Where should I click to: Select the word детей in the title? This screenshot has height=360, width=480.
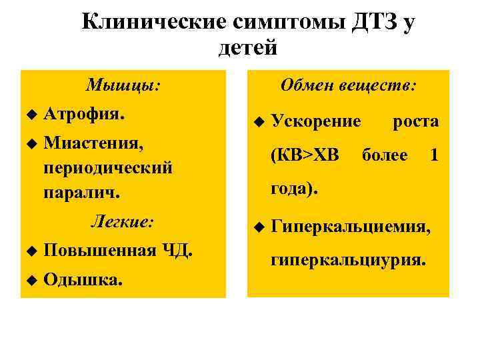click(247, 47)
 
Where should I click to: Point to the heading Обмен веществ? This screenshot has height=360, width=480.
click(349, 86)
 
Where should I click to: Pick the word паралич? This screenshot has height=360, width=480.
click(81, 193)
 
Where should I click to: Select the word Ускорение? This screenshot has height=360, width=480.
click(316, 122)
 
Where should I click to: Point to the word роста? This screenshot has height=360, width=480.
click(416, 122)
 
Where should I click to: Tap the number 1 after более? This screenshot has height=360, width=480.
click(434, 155)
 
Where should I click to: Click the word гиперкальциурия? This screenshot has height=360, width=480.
click(347, 259)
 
